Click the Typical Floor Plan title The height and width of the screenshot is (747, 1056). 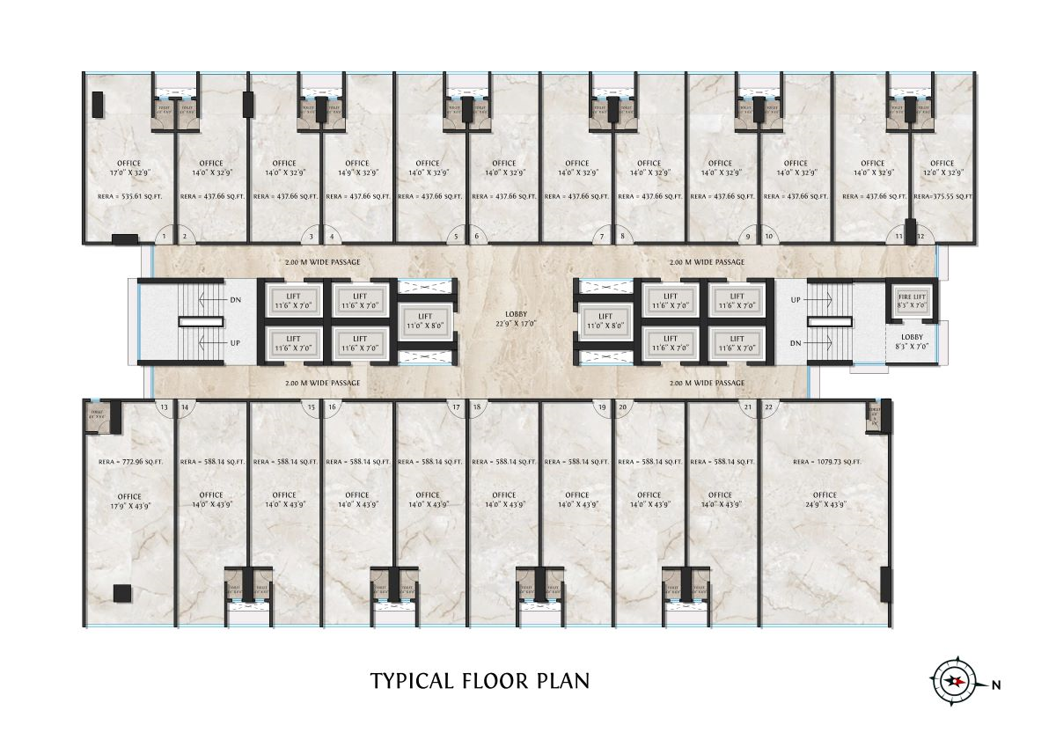480,681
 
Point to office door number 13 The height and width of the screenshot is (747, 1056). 164,406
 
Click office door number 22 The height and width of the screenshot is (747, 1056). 769,406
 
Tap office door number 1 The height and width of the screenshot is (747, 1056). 164,236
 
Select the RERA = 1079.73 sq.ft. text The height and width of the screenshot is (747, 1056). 826,461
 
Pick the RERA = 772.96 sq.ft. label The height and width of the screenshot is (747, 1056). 130,461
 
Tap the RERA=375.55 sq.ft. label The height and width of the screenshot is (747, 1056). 942,198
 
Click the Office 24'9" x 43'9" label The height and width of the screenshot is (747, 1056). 825,500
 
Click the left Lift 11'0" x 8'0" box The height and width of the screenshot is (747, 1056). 426,320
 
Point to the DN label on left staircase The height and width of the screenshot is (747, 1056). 236,300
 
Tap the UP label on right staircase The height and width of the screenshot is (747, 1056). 796,300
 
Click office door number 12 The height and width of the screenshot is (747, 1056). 920,236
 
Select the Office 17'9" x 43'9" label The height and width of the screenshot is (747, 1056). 129,501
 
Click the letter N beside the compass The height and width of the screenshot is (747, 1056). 995,684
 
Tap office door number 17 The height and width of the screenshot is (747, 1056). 456,406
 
